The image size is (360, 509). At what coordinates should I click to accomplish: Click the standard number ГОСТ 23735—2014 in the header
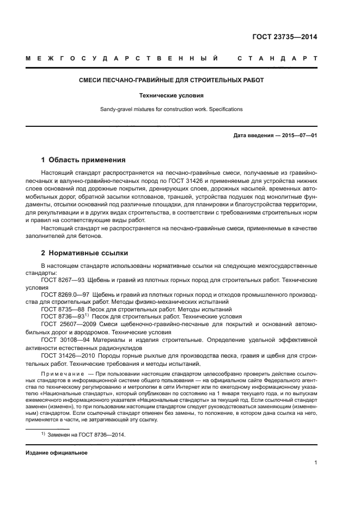(x=285, y=38)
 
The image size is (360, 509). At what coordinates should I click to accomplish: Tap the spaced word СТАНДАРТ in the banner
(x=277, y=58)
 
